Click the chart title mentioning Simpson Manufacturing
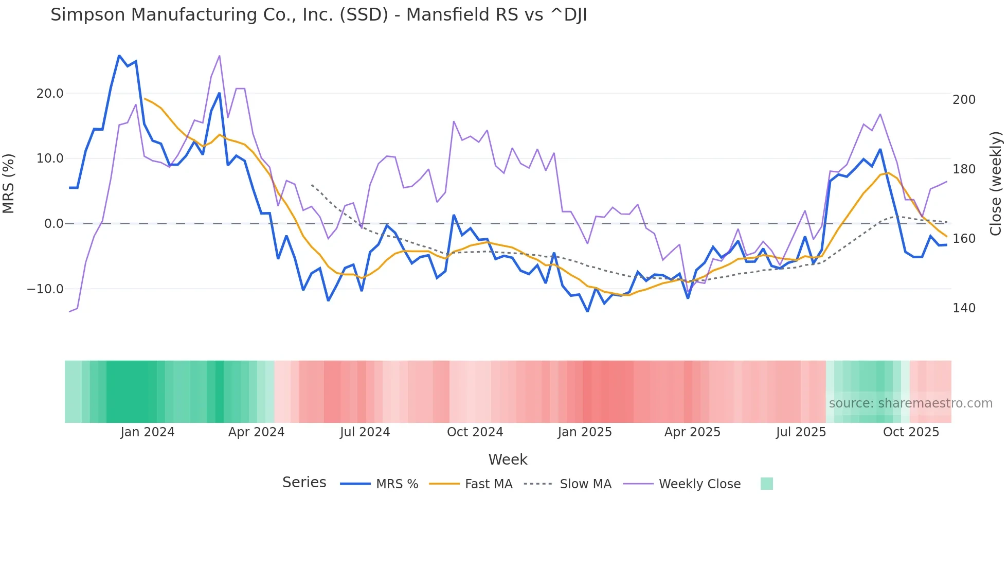[318, 15]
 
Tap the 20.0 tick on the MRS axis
[50, 94]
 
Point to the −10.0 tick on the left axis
[45, 289]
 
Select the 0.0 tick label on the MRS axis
[53, 224]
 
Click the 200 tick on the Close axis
[964, 100]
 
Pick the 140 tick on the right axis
[964, 308]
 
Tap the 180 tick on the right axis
[964, 169]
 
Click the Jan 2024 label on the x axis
[148, 432]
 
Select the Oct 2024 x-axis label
[475, 432]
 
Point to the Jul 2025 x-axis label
[801, 432]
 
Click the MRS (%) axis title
[9, 184]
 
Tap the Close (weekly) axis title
[996, 184]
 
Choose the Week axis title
[508, 459]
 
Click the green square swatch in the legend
[766, 484]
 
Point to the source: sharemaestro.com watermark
[910, 403]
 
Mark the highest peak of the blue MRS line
[119, 56]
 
